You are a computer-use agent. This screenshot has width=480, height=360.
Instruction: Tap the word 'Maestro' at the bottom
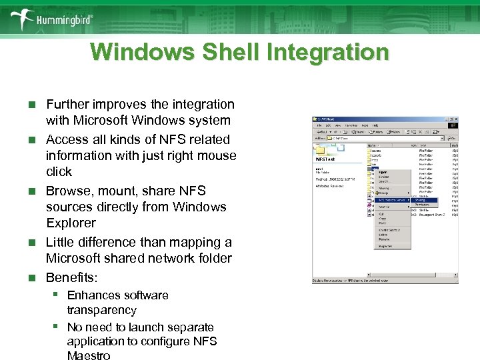[89, 355]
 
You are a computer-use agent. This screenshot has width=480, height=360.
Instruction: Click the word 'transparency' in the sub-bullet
[101, 310]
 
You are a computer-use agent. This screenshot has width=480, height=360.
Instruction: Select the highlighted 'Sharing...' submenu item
[421, 199]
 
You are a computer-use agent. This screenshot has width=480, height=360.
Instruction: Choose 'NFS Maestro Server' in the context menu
[391, 199]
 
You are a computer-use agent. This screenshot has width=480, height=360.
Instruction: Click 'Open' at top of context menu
[383, 172]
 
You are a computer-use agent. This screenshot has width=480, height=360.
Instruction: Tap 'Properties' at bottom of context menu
[386, 246]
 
